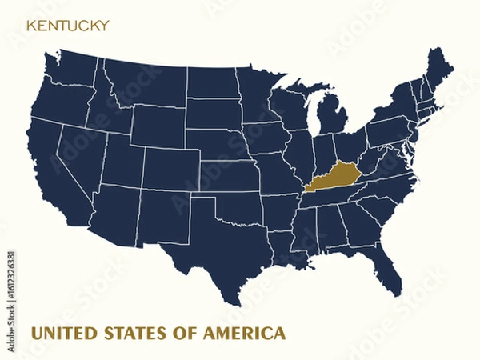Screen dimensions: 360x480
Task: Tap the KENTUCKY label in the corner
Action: tap(68, 26)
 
